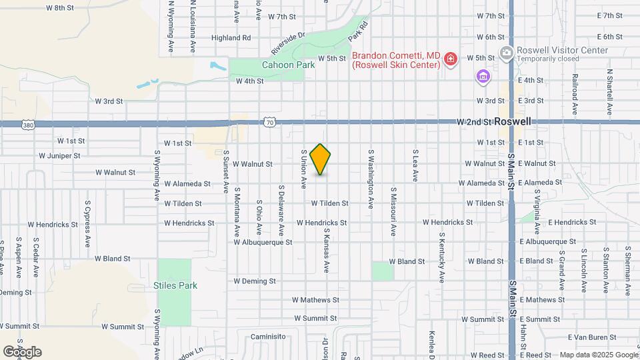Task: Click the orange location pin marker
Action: (x=321, y=159)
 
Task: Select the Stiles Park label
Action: (x=177, y=285)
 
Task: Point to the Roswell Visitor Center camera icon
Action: (x=506, y=52)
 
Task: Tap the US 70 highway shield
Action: (x=269, y=122)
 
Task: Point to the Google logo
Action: (x=22, y=351)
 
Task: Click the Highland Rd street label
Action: (x=231, y=38)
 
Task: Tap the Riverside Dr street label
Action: (x=287, y=44)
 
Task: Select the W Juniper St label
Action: (x=59, y=156)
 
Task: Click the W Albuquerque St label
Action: (x=263, y=242)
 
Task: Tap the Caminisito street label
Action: (x=267, y=337)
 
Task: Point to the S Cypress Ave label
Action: (x=87, y=223)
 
